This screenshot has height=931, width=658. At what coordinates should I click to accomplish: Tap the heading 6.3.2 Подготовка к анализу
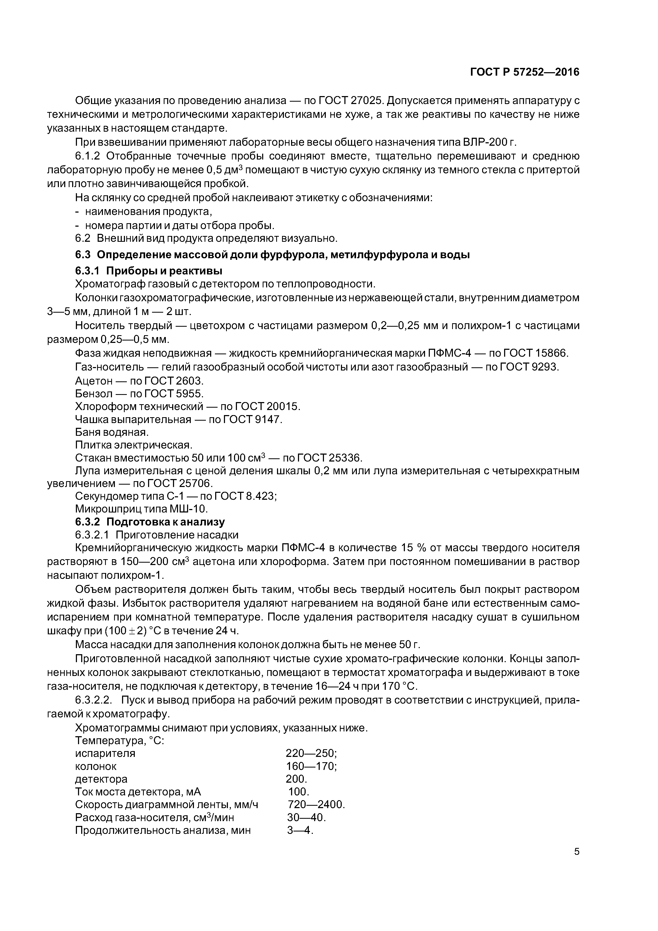[x=150, y=521]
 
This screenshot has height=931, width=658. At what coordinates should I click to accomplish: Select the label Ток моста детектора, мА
[x=138, y=792]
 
